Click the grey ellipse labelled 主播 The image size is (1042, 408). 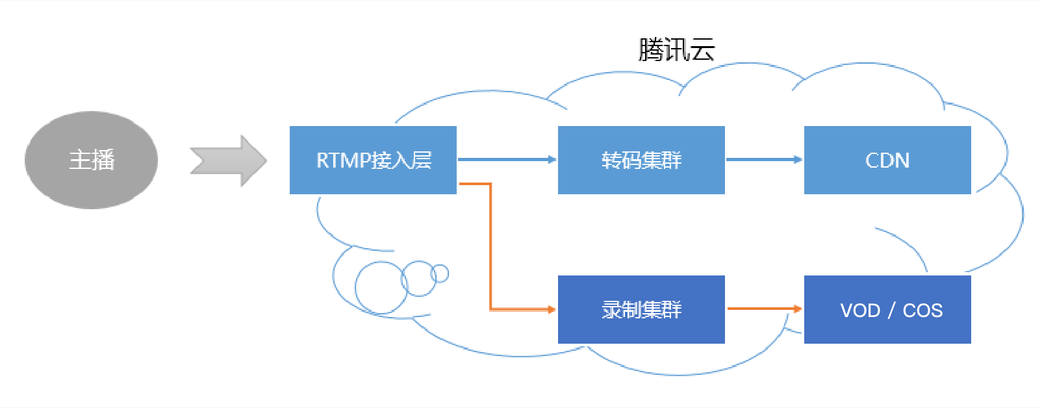tap(91, 160)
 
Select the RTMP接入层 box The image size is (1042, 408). tap(373, 160)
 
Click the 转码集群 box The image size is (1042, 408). tap(641, 160)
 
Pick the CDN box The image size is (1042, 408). tap(887, 160)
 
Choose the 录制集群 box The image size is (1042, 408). tap(641, 309)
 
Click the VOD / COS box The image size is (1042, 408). tap(887, 309)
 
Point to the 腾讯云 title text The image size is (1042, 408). tap(676, 50)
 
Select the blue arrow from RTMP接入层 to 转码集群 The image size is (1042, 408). tap(507, 159)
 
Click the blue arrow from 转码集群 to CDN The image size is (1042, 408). tap(764, 159)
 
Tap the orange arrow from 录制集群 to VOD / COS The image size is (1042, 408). tap(764, 309)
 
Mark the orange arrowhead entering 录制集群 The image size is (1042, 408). tap(552, 309)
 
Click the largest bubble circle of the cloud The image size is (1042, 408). tap(381, 288)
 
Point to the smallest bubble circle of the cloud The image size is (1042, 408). tap(440, 274)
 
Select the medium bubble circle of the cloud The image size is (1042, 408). tap(419, 279)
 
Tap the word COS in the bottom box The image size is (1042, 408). tap(922, 311)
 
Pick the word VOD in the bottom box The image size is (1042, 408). tap(860, 311)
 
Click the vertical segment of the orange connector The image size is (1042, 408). tap(490, 247)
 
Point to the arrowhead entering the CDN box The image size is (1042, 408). tap(798, 159)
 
